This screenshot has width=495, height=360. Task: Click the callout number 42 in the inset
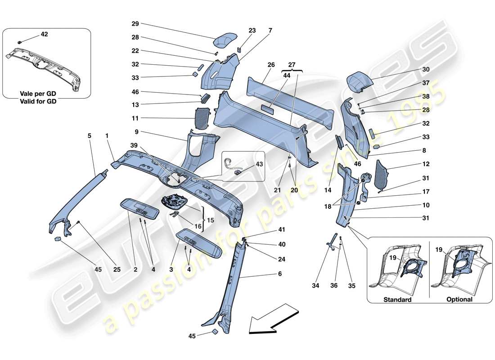44,34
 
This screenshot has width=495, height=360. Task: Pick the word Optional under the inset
459,300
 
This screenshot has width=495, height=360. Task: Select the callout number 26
271,65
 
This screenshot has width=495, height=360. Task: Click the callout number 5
89,135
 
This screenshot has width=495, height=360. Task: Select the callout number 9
135,133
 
